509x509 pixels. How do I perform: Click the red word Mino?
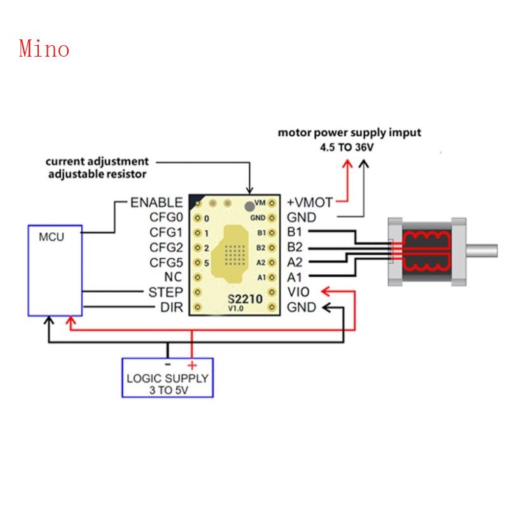click(x=44, y=48)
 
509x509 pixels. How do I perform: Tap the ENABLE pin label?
click(x=156, y=203)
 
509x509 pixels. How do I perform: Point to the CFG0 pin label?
click(x=165, y=218)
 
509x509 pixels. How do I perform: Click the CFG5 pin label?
click(x=165, y=263)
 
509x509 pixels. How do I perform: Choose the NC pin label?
click(x=172, y=277)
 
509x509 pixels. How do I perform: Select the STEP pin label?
click(x=165, y=293)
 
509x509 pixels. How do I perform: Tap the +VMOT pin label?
click(x=310, y=203)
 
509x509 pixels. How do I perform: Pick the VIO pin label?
click(x=299, y=293)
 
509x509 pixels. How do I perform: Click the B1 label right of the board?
click(x=295, y=232)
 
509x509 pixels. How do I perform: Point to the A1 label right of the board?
click(x=295, y=277)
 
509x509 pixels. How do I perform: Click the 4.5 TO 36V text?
click(x=349, y=147)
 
